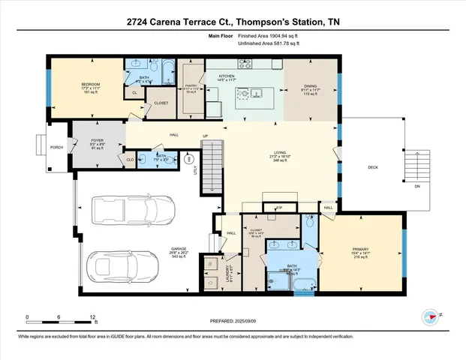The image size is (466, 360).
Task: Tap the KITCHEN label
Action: [227, 76]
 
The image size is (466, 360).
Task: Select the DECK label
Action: [373, 167]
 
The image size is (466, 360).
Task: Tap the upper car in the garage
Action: [127, 207]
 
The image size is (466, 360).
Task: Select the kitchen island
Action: [251, 94]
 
